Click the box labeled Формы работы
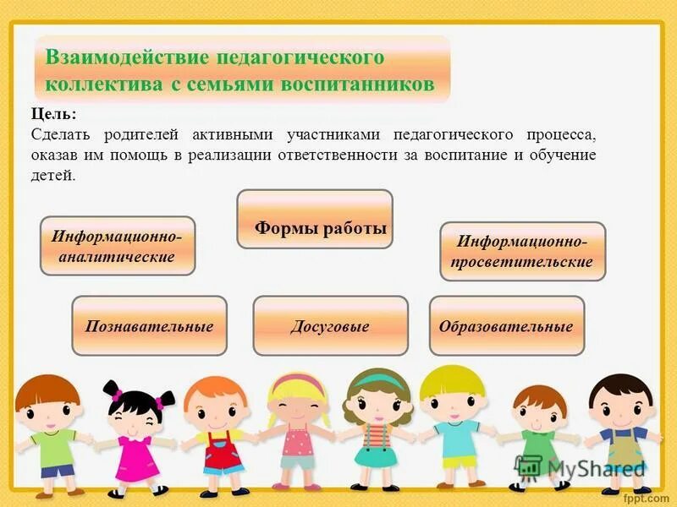click(315, 219)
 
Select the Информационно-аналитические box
click(118, 246)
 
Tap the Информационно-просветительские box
click(523, 252)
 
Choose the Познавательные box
click(149, 325)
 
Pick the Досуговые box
click(330, 325)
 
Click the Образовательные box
click(506, 325)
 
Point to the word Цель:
click(53, 113)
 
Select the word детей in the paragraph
click(52, 176)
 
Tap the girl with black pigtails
click(136, 431)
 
